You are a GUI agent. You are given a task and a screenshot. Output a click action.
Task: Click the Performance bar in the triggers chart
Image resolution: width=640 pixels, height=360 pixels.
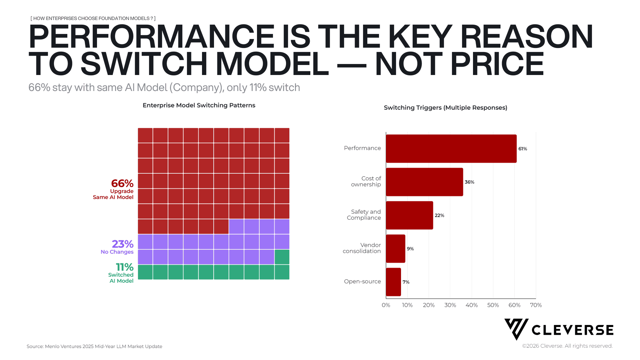tap(451, 149)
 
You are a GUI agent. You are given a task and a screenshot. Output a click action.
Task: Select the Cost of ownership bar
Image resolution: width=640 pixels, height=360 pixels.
tap(424, 182)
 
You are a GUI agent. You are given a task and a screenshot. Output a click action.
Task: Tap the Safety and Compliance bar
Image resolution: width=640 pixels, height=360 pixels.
tap(409, 215)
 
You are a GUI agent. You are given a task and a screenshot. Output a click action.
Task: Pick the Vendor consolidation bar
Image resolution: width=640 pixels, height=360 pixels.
tap(396, 249)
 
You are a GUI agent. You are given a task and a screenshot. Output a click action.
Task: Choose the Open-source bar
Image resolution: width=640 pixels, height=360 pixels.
tap(393, 282)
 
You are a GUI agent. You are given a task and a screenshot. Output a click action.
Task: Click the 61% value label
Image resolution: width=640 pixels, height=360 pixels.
tap(523, 149)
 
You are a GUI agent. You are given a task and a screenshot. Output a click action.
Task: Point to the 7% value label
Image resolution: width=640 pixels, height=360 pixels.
tap(406, 282)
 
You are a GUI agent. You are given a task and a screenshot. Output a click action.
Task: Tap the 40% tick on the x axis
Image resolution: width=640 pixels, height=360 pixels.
tap(472, 305)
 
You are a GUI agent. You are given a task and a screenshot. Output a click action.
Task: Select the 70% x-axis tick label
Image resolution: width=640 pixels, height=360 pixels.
tap(536, 305)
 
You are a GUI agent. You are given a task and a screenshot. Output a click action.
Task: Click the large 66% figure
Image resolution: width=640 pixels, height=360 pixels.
tap(122, 183)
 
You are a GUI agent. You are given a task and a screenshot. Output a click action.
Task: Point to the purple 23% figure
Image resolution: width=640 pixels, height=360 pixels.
tap(123, 244)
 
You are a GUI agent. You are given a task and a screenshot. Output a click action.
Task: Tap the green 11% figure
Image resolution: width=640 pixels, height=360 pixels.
tap(125, 267)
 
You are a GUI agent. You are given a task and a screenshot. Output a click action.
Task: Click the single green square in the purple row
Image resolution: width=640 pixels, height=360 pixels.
tap(282, 257)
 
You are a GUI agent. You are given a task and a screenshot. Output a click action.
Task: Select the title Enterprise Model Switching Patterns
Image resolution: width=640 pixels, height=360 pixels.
tap(199, 105)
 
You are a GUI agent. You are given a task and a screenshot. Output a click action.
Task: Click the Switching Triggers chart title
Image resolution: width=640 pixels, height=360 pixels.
tap(446, 108)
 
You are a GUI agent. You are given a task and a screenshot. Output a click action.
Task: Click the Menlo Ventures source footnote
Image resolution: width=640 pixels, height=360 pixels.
tap(94, 346)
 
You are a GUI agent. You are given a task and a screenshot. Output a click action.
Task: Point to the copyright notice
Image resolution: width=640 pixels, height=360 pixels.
tap(567, 346)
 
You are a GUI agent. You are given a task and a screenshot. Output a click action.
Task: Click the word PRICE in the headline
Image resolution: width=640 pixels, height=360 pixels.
tap(497, 64)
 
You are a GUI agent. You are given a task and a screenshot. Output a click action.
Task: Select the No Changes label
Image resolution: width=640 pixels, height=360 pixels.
tap(117, 252)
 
